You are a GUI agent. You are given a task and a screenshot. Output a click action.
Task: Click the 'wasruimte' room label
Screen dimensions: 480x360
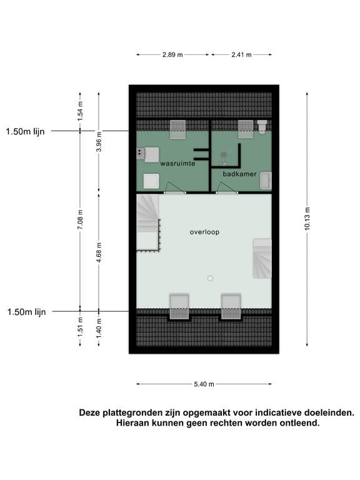coord(177,163)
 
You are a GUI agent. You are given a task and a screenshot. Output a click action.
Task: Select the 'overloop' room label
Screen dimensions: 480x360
coord(205,232)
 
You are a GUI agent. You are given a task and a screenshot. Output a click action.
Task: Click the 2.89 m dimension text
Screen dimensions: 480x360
coord(172,55)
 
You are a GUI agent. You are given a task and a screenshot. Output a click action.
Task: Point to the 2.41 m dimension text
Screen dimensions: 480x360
coord(241,55)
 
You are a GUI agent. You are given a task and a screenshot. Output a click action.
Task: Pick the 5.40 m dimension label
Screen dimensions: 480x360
coord(203,384)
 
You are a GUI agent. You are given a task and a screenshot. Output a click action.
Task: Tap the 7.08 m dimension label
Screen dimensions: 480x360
coord(80,220)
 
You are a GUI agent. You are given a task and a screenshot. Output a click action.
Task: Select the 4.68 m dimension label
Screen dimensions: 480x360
coord(99,252)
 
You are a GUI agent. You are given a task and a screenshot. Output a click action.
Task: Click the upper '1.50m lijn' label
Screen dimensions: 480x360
coord(26,131)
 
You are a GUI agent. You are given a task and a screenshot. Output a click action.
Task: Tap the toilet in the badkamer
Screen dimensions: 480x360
coord(262,127)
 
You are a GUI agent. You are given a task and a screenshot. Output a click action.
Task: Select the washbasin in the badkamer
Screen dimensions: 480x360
coord(266,181)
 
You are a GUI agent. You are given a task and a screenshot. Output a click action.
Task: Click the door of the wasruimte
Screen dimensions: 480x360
coord(173,187)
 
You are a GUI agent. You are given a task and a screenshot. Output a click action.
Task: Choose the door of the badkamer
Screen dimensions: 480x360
coord(225,187)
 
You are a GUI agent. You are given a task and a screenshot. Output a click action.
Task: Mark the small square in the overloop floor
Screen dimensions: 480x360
coord(210,278)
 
